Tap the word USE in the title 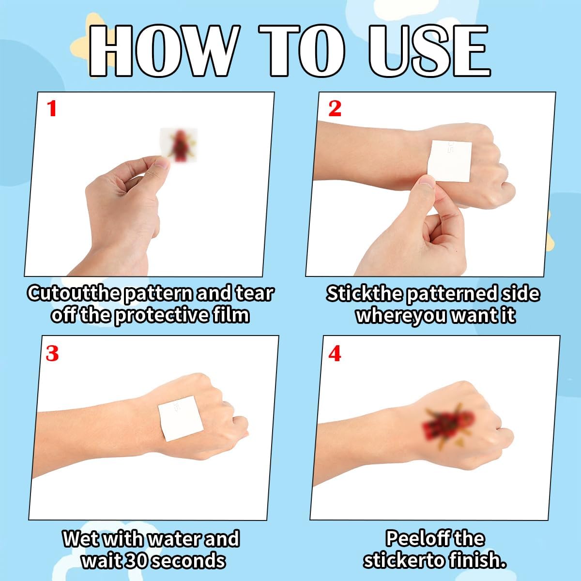click(x=429, y=50)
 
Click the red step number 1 click(x=51, y=108)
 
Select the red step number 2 click(x=335, y=108)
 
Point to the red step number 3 click(x=52, y=353)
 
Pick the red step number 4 click(x=335, y=353)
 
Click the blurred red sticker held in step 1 click(x=179, y=144)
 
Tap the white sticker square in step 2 click(x=449, y=161)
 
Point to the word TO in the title click(x=302, y=50)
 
